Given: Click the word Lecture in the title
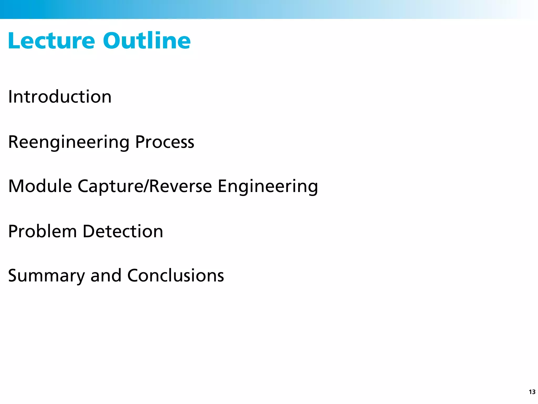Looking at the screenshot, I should click(x=51, y=41).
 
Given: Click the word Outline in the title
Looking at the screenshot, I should click(x=147, y=41).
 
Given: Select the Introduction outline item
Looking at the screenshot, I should click(x=60, y=97).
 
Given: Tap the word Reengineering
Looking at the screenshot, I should click(x=69, y=142).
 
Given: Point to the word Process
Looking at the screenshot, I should click(x=164, y=142).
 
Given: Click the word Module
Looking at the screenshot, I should click(x=40, y=186).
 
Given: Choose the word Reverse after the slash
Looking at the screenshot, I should click(x=180, y=186).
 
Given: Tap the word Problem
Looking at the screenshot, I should click(x=42, y=231).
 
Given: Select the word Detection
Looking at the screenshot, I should click(x=123, y=231).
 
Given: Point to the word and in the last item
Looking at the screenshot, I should click(x=106, y=276).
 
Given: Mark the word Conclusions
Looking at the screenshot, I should click(x=175, y=276).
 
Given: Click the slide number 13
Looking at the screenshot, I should click(x=532, y=392).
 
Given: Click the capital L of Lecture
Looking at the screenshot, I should click(x=14, y=41).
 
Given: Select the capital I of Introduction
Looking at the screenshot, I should click(x=10, y=97).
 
